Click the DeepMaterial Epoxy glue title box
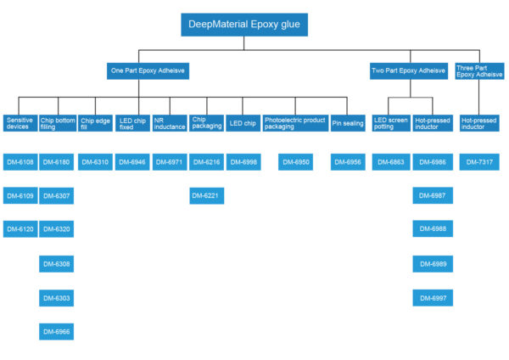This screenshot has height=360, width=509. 243,25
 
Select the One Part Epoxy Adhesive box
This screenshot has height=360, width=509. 148,71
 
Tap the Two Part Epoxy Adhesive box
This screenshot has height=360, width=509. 409,71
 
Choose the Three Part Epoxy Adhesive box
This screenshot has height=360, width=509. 479,71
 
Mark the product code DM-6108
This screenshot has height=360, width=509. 20,161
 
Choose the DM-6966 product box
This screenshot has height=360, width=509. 57,331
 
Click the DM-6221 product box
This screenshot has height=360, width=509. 206,196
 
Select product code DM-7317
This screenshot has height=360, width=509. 479,161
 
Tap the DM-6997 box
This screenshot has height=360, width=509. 432,298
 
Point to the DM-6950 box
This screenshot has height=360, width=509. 296,161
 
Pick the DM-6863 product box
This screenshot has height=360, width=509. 392,161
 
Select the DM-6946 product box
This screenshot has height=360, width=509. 131,161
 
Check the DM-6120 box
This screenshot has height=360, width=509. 20,229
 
